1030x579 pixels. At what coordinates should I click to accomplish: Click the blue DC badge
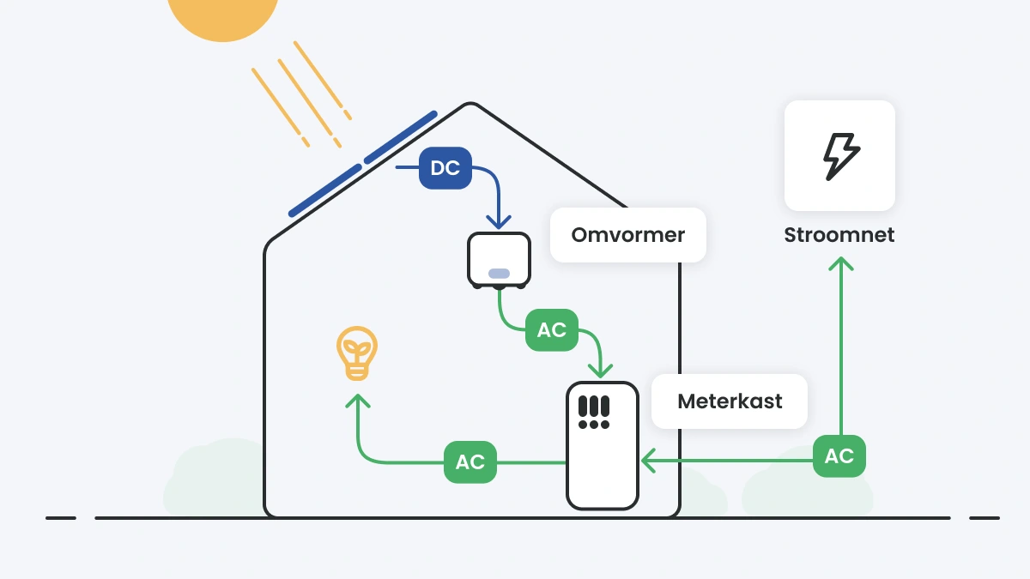445,168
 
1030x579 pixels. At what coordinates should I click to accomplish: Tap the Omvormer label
627,235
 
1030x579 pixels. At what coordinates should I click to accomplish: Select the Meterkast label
730,401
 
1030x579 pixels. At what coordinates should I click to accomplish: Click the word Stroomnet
839,235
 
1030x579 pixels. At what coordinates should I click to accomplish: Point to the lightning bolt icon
840,156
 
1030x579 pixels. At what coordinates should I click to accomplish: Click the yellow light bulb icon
356,353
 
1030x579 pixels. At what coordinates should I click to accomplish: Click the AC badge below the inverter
551,330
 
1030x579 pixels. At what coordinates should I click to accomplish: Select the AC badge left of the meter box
470,461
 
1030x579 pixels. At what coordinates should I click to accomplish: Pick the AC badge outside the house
839,456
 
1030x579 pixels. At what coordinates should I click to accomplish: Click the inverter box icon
499,259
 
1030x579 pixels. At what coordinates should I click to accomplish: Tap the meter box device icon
602,446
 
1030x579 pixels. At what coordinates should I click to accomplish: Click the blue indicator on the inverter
499,274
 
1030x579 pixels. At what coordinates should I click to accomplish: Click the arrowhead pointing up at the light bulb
358,400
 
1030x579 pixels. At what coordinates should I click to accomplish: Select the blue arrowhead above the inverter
499,222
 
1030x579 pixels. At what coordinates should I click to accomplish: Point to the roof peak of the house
469,104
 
